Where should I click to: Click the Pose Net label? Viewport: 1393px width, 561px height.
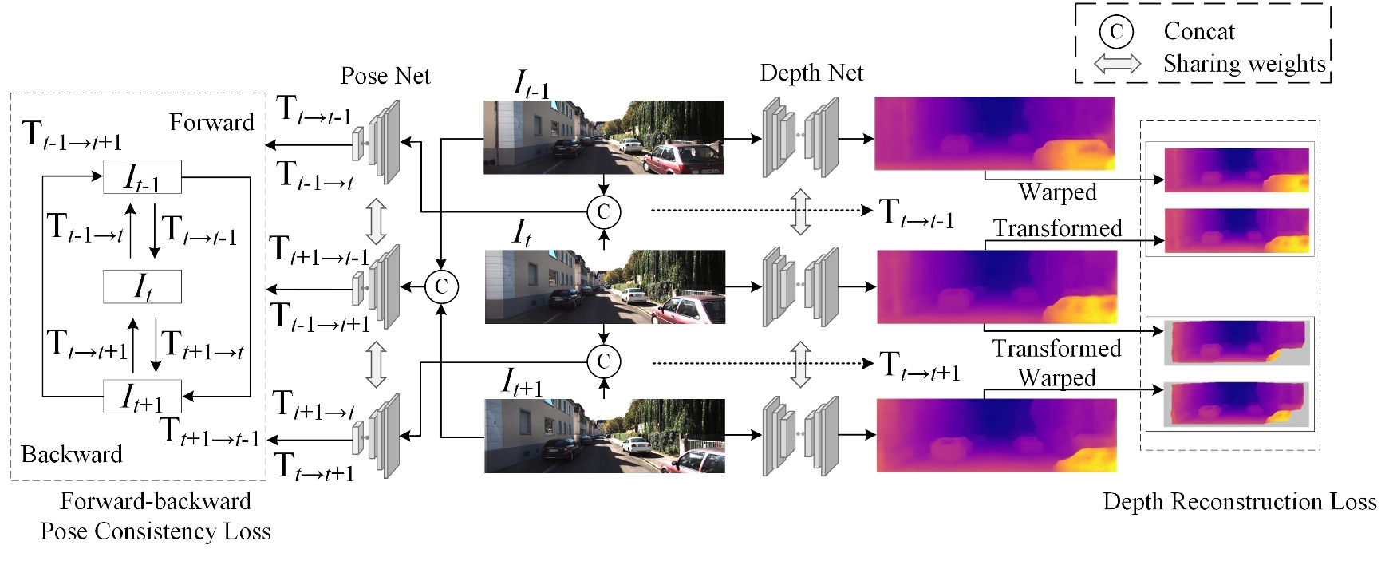(385, 76)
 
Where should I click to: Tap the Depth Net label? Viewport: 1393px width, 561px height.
(811, 73)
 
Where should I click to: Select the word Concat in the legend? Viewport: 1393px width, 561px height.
(1198, 31)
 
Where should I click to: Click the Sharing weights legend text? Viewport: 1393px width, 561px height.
(1244, 63)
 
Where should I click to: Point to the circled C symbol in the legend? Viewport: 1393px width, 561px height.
(1116, 31)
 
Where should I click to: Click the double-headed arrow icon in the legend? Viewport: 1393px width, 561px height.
(1117, 64)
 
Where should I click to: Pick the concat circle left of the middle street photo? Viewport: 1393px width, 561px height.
(441, 286)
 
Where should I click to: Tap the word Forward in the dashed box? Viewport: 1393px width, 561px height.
(211, 122)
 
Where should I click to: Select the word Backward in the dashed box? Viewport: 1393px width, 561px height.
(72, 454)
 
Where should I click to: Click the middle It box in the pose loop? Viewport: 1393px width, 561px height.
(143, 286)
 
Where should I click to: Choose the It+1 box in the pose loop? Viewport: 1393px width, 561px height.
(143, 397)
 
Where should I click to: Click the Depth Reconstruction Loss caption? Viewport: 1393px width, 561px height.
(1239, 501)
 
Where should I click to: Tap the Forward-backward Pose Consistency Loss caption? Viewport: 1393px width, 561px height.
(156, 516)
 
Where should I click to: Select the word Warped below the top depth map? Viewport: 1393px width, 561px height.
(1057, 192)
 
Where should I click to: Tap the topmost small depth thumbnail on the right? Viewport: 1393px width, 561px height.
(1237, 170)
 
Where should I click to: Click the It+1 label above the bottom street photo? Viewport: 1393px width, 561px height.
(522, 382)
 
